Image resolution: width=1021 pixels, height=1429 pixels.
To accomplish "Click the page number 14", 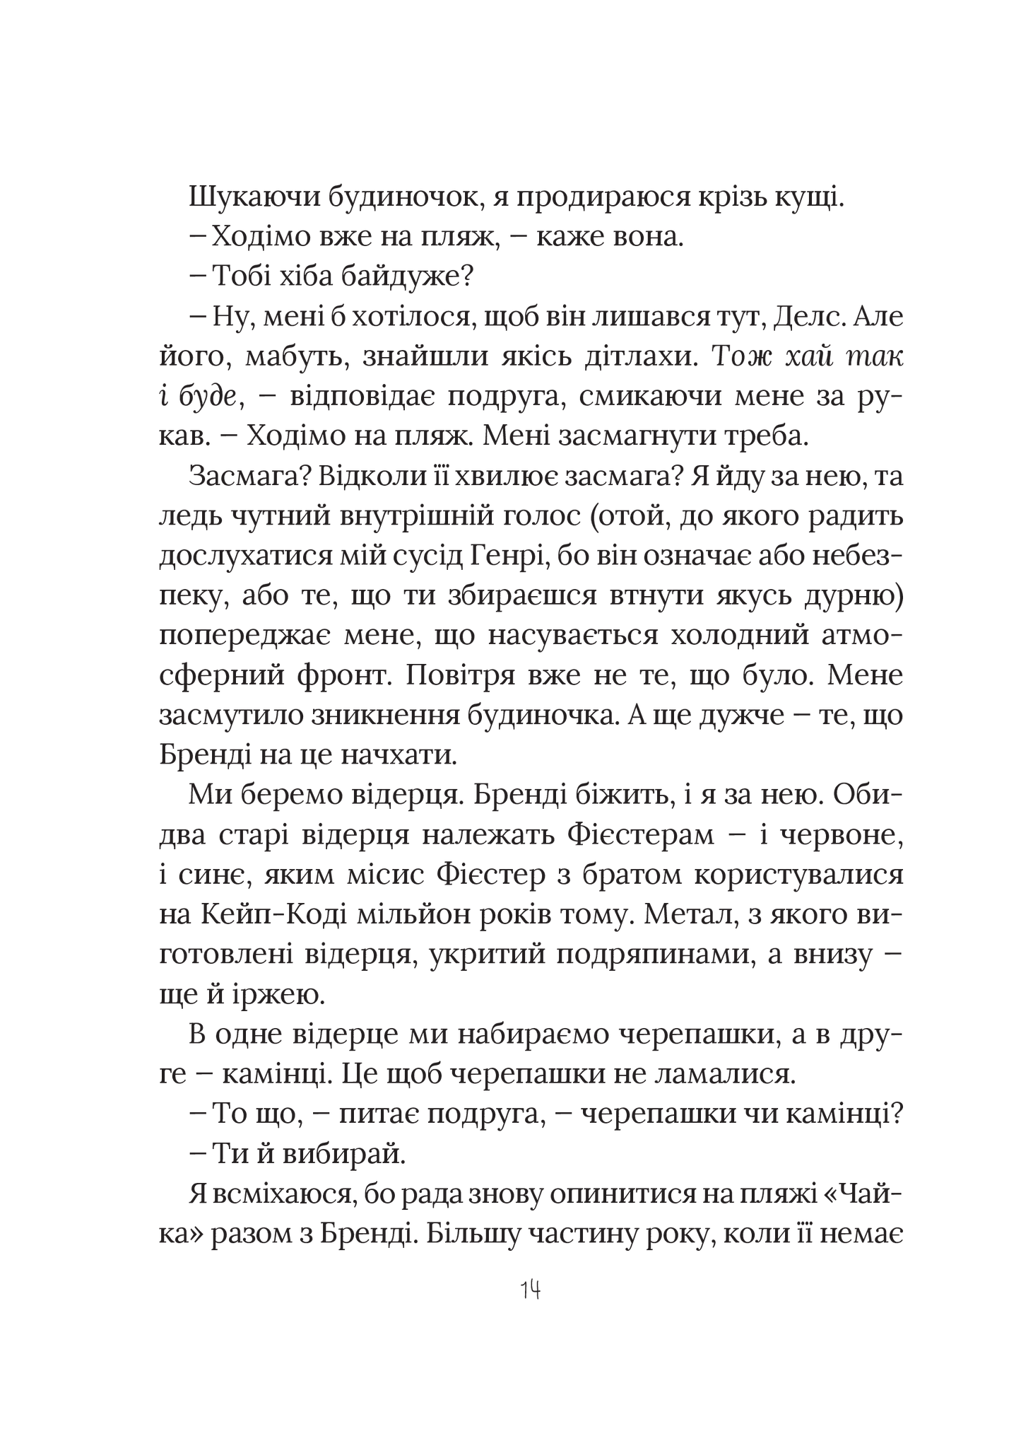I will [530, 1290].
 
